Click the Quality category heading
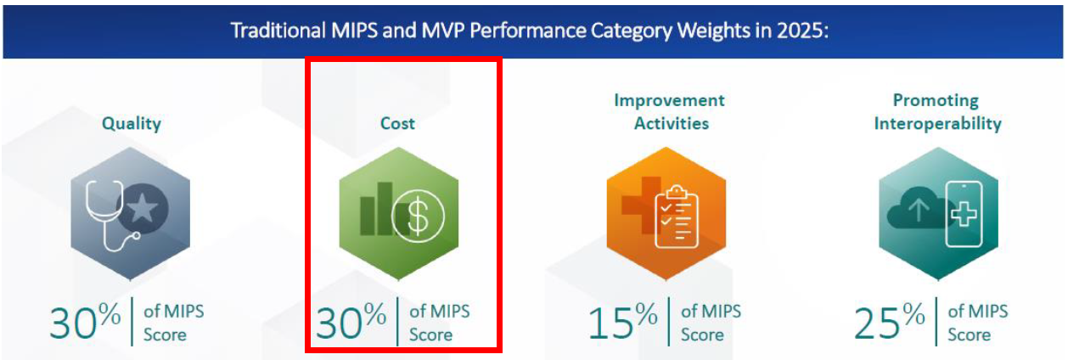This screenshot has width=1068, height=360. (x=131, y=123)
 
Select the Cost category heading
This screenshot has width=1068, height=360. (x=397, y=123)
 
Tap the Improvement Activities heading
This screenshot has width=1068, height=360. (x=669, y=111)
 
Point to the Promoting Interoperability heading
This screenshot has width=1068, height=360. (x=936, y=111)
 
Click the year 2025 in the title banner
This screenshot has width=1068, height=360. (x=802, y=31)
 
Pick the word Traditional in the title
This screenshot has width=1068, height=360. (x=275, y=31)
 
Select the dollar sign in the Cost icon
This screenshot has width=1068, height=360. (x=417, y=217)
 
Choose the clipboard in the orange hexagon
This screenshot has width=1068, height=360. (x=677, y=216)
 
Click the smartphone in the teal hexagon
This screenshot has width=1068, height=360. (x=963, y=214)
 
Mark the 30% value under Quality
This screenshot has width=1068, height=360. (x=85, y=323)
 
